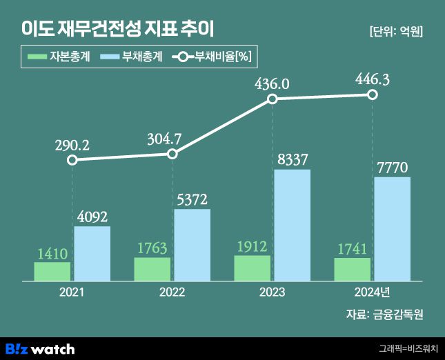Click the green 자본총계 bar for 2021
coord(52,271)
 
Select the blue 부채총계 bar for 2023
coord(292,225)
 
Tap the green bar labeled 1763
coord(152,269)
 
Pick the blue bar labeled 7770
coord(392,229)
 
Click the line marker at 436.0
coord(273,99)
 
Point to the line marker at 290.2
coord(72,160)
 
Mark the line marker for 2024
coord(373,94)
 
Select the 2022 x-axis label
coord(172,292)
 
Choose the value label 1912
coord(253,246)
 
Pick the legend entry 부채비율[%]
coord(214,58)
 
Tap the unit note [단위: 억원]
coord(396,31)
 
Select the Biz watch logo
coord(40,348)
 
